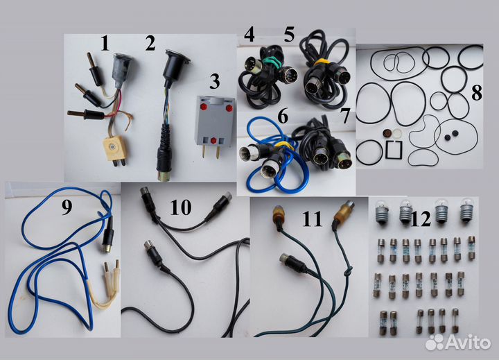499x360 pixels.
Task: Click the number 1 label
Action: point(105,43)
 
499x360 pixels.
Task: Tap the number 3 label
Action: point(214,81)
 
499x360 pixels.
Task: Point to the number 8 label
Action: point(476,93)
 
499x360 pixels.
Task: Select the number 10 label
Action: point(181,207)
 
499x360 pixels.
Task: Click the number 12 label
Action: point(421,219)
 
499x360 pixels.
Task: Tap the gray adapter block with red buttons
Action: point(215,123)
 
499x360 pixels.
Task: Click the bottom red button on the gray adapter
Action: point(214,140)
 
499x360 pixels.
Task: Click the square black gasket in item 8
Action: point(394,149)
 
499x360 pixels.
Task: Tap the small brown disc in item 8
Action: point(387,132)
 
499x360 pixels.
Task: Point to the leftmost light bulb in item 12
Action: point(382,212)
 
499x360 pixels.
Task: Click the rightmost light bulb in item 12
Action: point(467,210)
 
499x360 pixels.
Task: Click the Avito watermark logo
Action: point(458,342)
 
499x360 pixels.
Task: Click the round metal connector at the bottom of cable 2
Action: point(163,176)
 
